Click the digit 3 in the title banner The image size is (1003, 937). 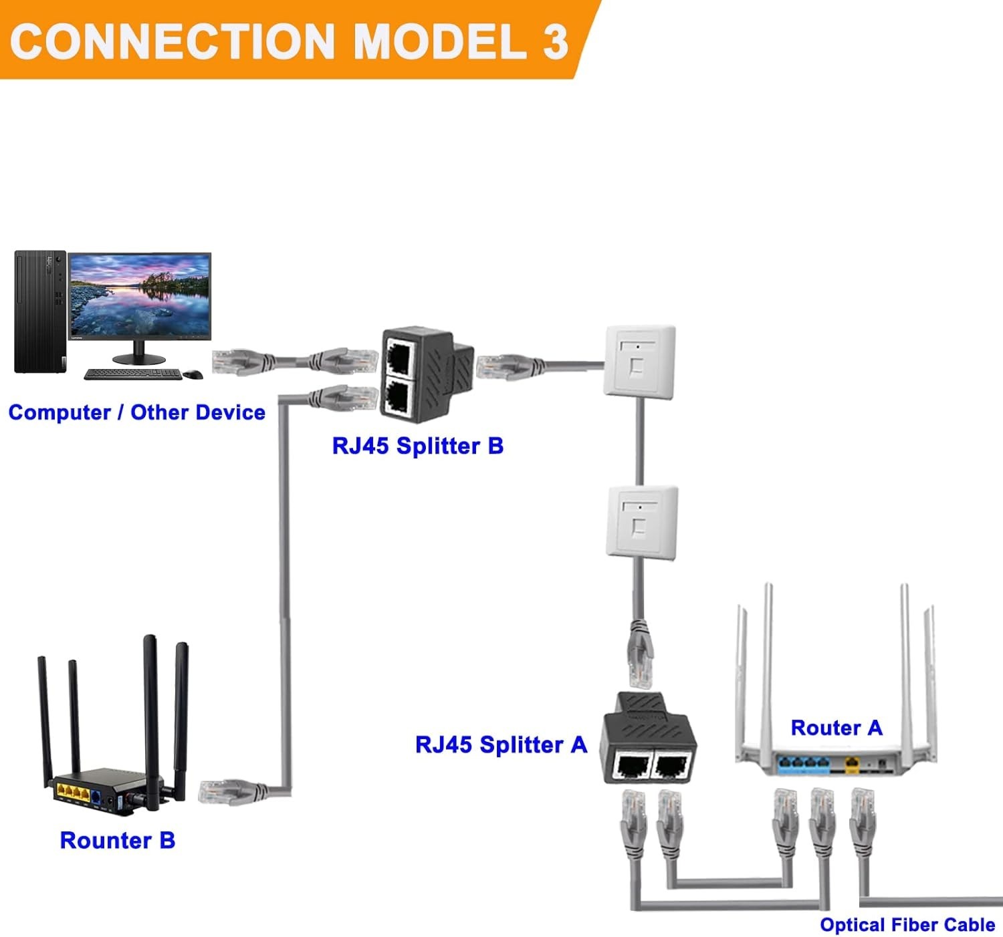(x=555, y=41)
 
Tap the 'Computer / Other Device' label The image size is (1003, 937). (x=136, y=412)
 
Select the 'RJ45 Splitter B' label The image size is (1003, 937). (x=417, y=446)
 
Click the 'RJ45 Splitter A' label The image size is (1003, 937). (x=500, y=745)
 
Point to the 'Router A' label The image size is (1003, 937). (x=837, y=728)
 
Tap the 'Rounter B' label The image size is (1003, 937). (x=117, y=840)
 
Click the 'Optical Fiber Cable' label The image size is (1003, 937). (x=907, y=925)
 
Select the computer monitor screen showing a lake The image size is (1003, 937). (x=140, y=296)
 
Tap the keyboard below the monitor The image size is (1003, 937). (x=132, y=374)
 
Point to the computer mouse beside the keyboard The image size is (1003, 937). (x=193, y=374)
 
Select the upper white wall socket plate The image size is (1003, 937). (x=639, y=360)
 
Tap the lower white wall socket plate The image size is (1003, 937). (x=642, y=522)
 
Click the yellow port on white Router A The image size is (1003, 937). (x=851, y=762)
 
